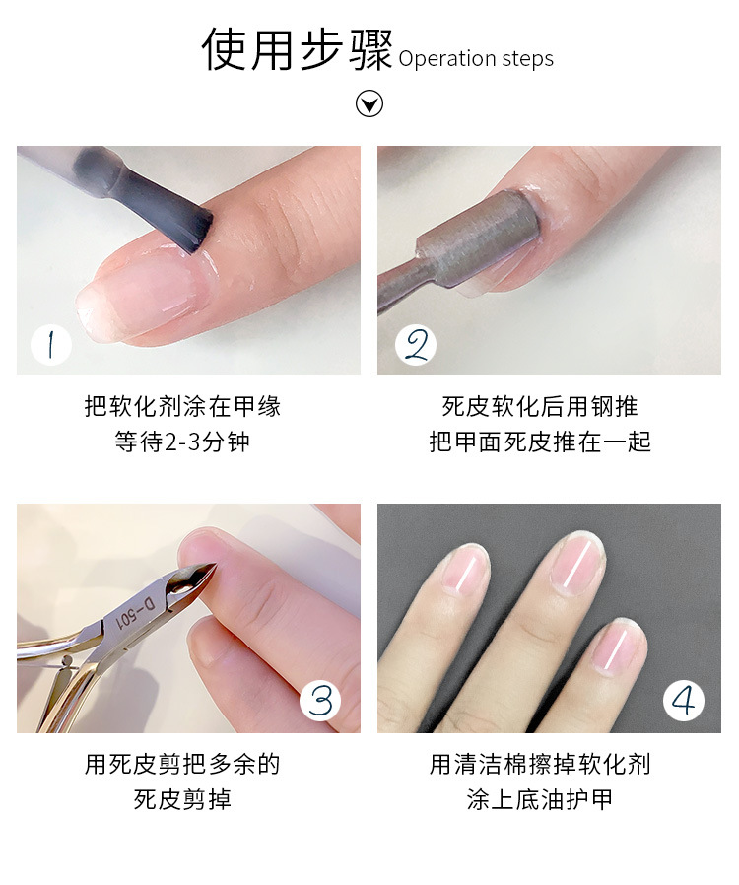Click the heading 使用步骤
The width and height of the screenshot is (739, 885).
tap(297, 50)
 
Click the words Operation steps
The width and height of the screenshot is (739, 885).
tap(476, 59)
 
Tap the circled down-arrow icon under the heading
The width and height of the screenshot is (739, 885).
tap(369, 103)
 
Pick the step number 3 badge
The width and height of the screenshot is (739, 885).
tap(321, 701)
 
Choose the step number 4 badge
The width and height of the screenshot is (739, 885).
tap(683, 701)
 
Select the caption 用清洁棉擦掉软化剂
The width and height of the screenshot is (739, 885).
tap(540, 764)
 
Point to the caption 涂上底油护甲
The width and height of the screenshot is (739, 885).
tap(540, 798)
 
